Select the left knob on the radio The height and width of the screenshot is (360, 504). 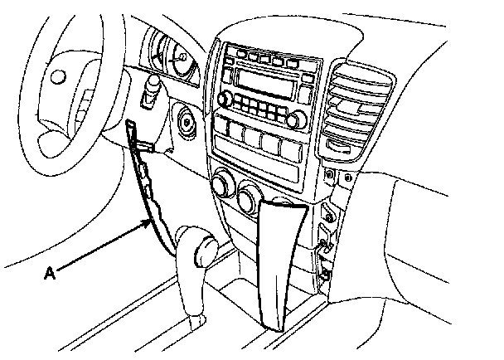click(223, 99)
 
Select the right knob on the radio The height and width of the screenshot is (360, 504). click(294, 119)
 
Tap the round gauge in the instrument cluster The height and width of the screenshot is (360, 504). click(177, 61)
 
